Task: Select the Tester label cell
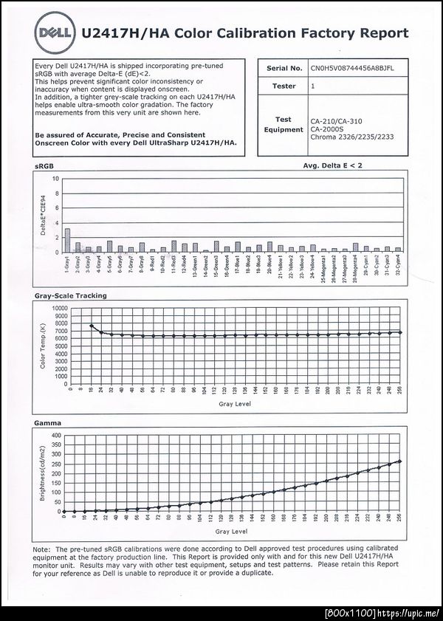(284, 86)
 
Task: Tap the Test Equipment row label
(284, 124)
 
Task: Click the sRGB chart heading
(45, 167)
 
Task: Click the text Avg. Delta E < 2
(332, 166)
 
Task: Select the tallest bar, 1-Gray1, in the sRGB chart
(68, 240)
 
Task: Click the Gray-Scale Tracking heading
(71, 295)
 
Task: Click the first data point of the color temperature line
(91, 326)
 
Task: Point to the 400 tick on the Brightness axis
(58, 436)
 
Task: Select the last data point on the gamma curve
(399, 462)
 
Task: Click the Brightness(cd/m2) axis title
(42, 473)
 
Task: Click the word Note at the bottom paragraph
(41, 549)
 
